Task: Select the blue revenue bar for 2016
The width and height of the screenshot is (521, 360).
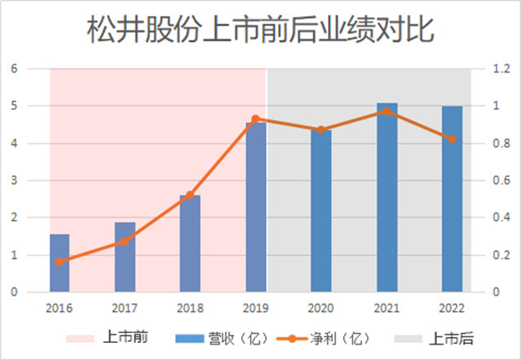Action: [59, 263]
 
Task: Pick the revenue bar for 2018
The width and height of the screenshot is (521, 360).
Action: [190, 244]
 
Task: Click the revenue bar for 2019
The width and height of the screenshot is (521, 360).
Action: [256, 207]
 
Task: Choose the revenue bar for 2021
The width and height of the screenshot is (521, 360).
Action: [387, 197]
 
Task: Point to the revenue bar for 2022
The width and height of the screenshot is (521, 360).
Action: [452, 199]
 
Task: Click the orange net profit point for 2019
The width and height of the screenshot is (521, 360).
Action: [256, 119]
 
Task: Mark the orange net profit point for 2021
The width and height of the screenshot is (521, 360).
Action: [387, 111]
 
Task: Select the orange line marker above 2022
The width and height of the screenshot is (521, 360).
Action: [452, 139]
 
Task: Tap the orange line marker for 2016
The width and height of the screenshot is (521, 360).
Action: [59, 261]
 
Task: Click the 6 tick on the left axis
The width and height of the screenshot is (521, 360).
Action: [14, 68]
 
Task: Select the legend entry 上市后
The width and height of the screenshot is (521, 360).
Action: [452, 338]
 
